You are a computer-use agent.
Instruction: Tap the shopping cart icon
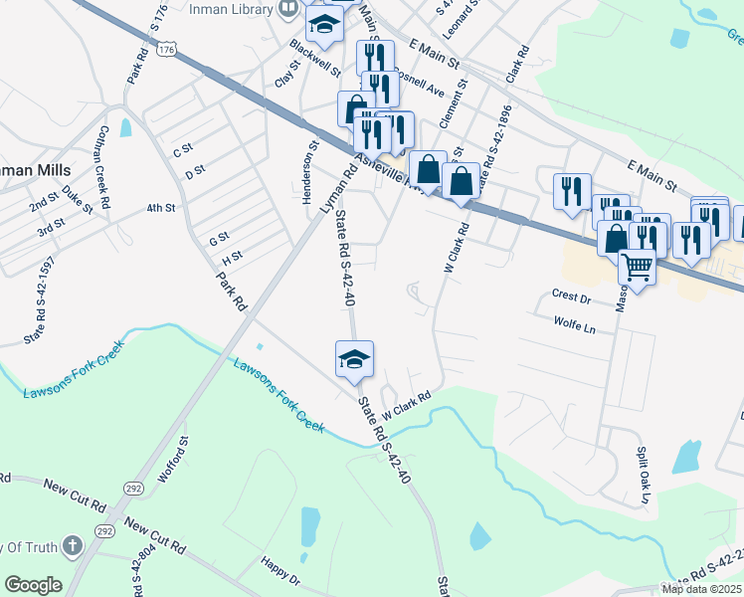tap(637, 266)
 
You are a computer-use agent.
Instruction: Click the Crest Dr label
tap(571, 296)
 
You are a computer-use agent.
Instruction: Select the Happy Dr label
tap(279, 572)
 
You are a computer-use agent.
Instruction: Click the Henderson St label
tap(309, 160)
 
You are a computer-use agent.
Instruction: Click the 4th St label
tap(160, 208)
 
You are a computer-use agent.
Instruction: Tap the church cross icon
tap(72, 545)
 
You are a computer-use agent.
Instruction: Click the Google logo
tap(33, 585)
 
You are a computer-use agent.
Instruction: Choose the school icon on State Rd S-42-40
tap(354, 360)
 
